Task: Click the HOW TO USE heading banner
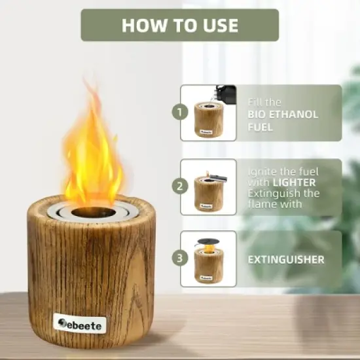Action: click(x=179, y=26)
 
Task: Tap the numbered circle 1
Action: click(x=180, y=113)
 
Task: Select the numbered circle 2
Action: click(x=180, y=186)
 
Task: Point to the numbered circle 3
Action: click(x=180, y=259)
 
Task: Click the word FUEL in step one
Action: click(x=260, y=126)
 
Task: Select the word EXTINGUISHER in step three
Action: click(x=285, y=260)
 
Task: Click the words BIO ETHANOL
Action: click(x=283, y=114)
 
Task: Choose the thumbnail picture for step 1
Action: click(x=208, y=113)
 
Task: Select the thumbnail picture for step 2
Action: click(x=208, y=187)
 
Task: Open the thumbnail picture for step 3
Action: click(x=208, y=259)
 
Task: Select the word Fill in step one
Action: click(x=255, y=101)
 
